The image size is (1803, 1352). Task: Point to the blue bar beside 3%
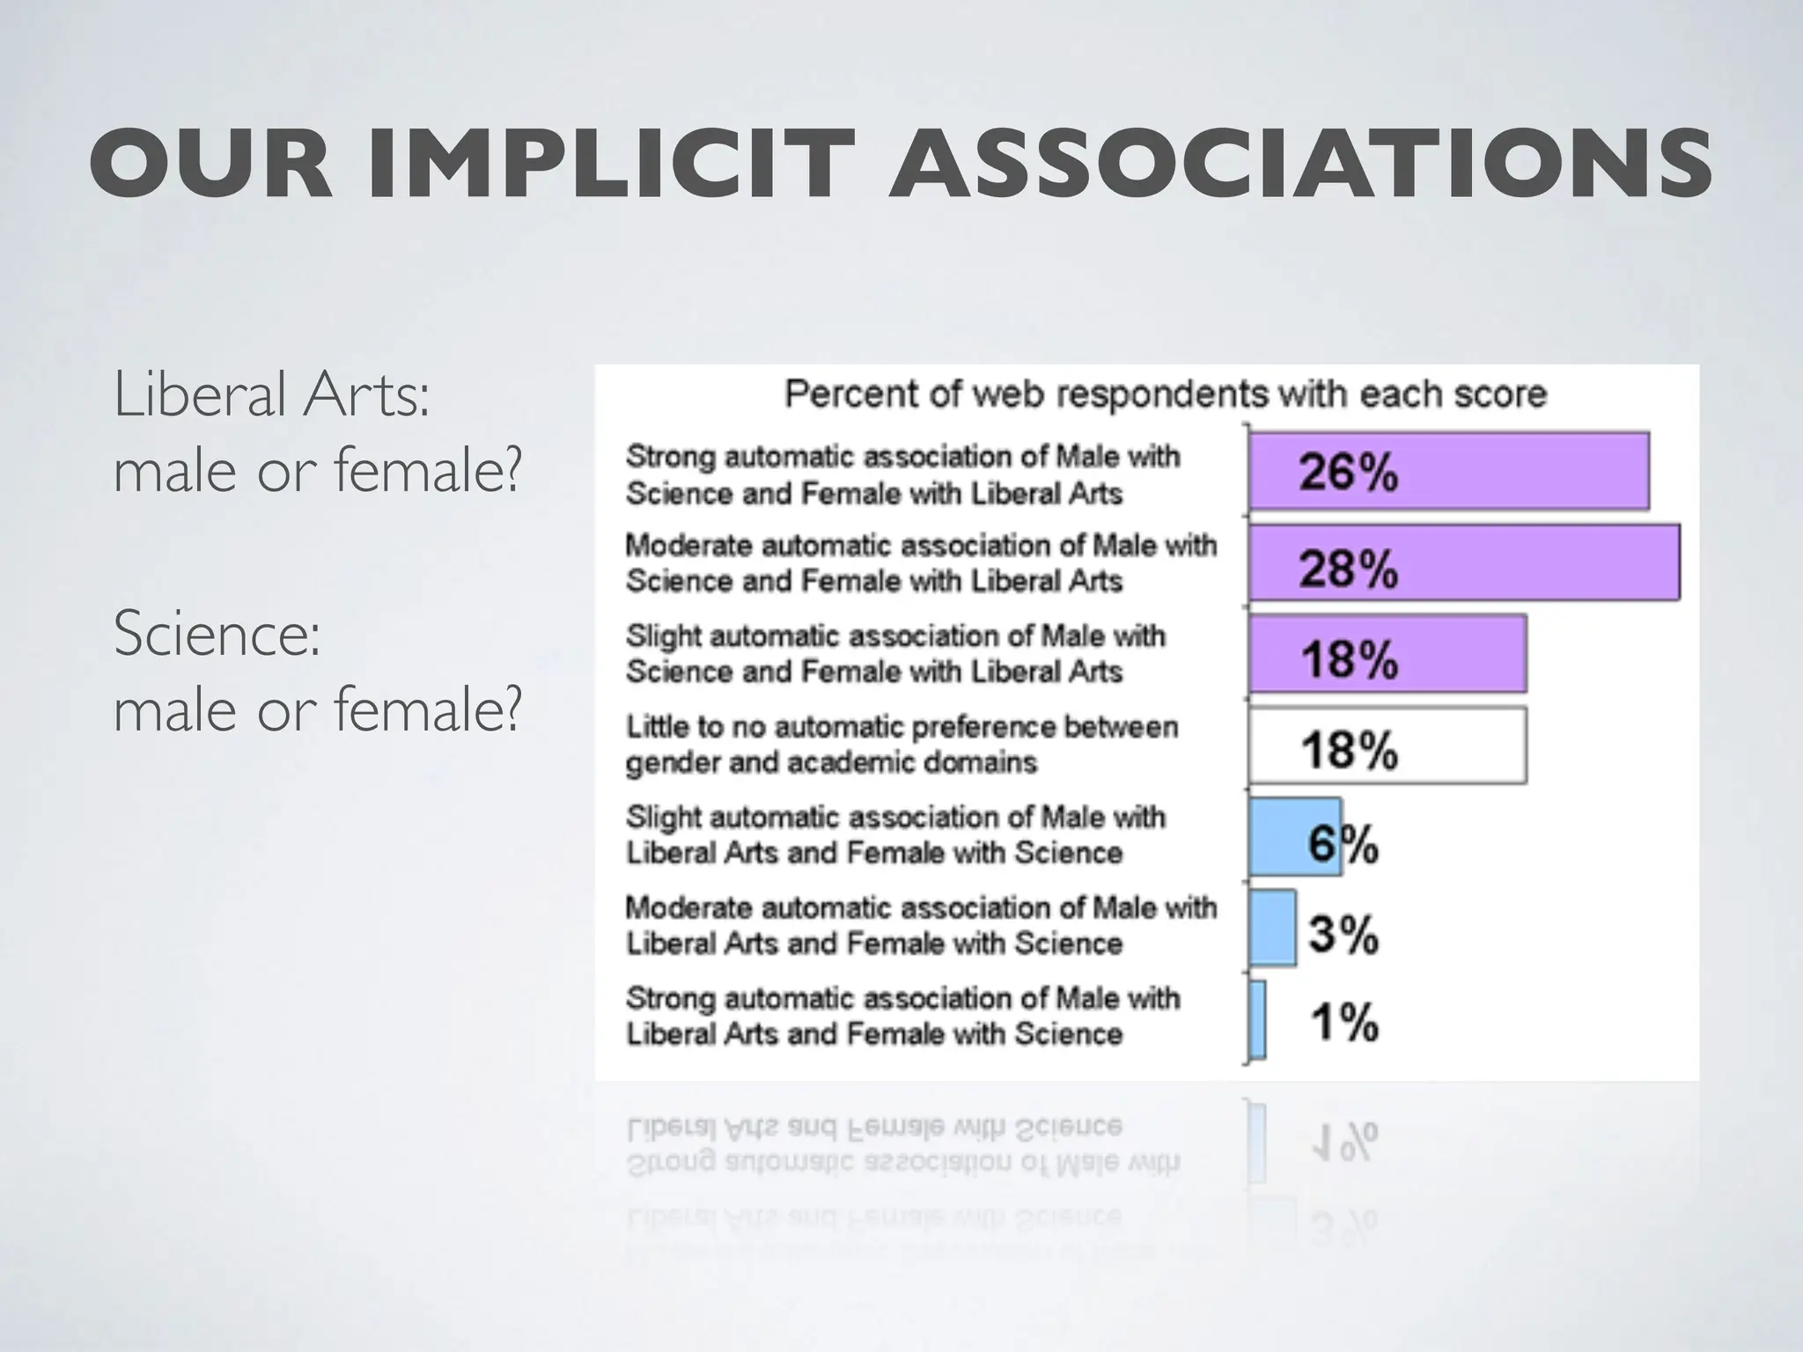pos(1272,928)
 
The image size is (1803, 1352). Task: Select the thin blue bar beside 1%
pos(1258,1019)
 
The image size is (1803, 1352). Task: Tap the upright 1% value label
pos(1344,1023)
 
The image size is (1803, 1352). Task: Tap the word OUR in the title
pos(211,165)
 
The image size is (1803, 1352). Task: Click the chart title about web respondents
pos(1165,394)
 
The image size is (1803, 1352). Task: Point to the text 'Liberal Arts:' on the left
pos(272,395)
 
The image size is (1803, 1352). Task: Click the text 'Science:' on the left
pos(217,633)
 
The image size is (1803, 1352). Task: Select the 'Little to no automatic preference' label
pos(901,745)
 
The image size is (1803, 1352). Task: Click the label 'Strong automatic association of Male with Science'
pos(901,474)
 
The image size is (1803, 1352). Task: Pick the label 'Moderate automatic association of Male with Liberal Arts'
pos(920,925)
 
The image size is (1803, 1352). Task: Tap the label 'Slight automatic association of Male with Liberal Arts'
pos(894,834)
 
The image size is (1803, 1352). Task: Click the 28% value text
pos(1348,568)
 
